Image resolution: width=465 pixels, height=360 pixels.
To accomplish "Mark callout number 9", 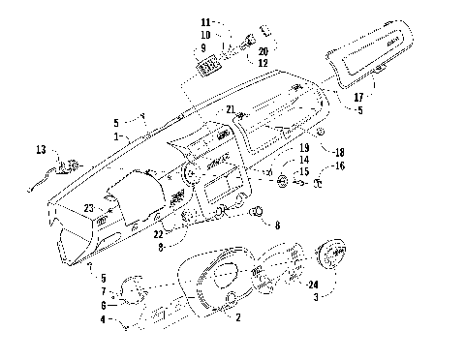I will tap(204, 46).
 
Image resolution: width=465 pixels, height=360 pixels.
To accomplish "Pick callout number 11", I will tap(204, 21).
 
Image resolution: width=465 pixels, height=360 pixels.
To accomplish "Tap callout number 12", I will tap(235, 63).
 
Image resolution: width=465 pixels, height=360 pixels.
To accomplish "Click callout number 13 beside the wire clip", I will tap(41, 150).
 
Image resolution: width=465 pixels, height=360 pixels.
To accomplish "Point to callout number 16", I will tap(340, 166).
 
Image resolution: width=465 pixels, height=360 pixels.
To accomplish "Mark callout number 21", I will tap(230, 109).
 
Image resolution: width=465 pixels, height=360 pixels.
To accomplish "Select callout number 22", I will tap(158, 234).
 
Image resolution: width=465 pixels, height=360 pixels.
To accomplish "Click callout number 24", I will tap(313, 284).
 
